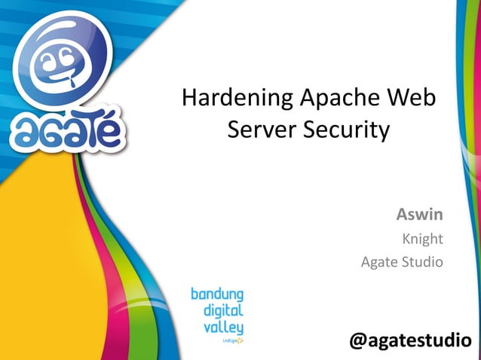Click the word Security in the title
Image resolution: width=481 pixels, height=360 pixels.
pos(347,131)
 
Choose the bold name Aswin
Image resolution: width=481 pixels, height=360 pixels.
pos(419,215)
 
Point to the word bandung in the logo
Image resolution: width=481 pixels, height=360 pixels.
pos(216,293)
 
